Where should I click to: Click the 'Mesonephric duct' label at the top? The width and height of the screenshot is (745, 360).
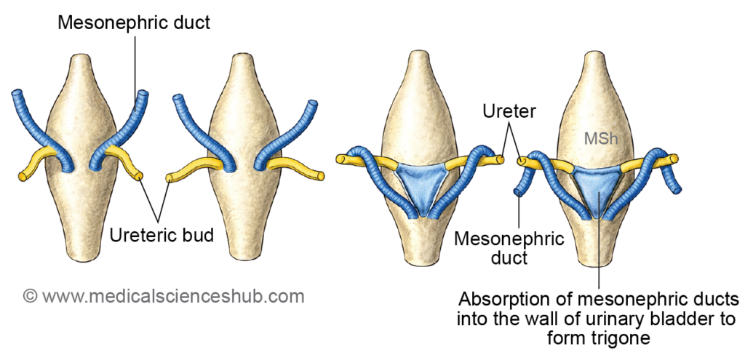pyautogui.click(x=135, y=23)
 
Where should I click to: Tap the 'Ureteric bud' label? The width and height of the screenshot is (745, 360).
pyautogui.click(x=162, y=235)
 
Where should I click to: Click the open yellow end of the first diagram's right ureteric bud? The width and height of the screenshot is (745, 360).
pyautogui.click(x=140, y=176)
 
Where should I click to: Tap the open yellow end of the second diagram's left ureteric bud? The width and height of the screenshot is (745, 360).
pyautogui.click(x=170, y=177)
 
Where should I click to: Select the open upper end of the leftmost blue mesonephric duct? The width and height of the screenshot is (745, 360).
pyautogui.click(x=17, y=95)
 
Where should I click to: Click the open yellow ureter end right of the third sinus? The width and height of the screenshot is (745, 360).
pyautogui.click(x=501, y=156)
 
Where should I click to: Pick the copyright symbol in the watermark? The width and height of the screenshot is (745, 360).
pyautogui.click(x=30, y=297)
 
